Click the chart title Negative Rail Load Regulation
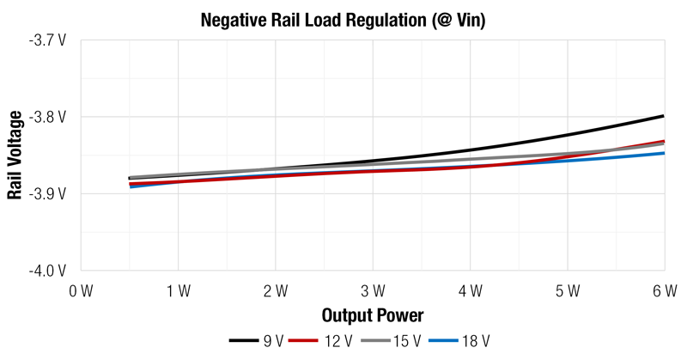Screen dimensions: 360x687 343,20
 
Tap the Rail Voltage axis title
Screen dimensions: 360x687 15,156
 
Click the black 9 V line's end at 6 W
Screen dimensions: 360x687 663,116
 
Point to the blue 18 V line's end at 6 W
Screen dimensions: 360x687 663,153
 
